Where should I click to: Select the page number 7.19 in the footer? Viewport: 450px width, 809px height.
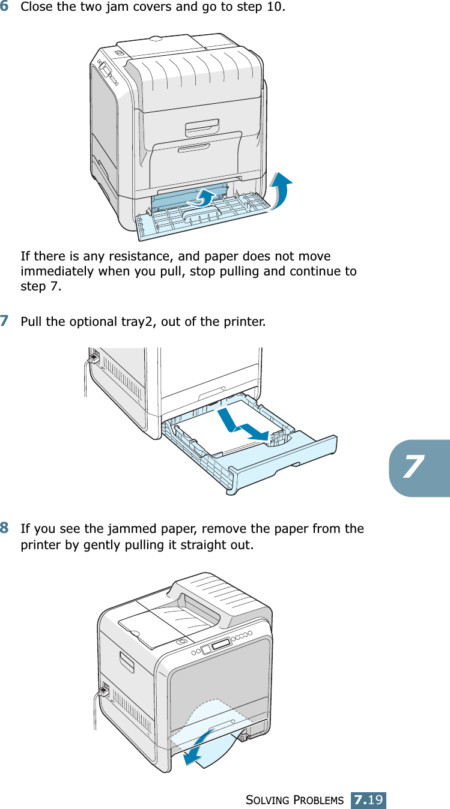[369, 800]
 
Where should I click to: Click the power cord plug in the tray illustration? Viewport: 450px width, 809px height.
[93, 358]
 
